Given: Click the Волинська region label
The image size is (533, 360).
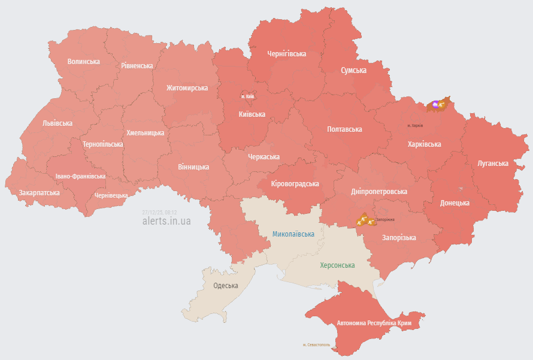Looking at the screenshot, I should click(x=83, y=61).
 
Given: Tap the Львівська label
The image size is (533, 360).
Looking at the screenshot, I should click(x=57, y=123).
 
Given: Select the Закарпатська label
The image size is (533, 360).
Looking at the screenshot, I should click(x=39, y=193).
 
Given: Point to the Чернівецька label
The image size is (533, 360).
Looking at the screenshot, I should click(x=111, y=195).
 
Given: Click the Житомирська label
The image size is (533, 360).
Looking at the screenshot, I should click(x=187, y=87).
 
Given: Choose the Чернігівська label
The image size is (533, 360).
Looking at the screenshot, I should click(x=286, y=53).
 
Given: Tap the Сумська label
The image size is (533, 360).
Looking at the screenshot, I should click(x=353, y=70).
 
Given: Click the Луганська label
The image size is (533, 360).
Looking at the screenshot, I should click(x=493, y=163).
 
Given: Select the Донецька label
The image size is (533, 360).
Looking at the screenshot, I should click(x=455, y=203).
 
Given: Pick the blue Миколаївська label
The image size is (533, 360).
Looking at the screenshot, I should click(x=293, y=234).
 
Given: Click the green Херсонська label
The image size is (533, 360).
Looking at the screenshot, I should click(x=337, y=265).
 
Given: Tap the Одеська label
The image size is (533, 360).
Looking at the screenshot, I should click(x=226, y=285).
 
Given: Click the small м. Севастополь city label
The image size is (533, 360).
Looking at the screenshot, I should click(x=316, y=345).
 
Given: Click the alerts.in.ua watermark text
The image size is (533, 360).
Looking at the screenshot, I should click(x=166, y=221).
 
